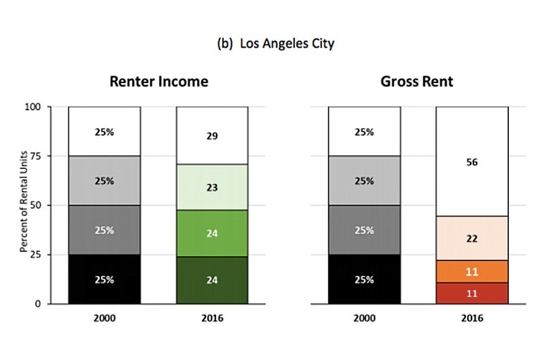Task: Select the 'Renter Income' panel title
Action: [159, 82]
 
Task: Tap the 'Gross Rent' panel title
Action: [417, 82]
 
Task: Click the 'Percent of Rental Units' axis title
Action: [24, 206]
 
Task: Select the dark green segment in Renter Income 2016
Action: [212, 280]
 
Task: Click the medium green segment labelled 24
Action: [212, 233]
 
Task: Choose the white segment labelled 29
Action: [212, 136]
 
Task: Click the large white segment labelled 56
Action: [471, 162]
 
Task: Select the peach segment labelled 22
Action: [471, 238]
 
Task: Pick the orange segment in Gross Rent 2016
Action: [471, 271]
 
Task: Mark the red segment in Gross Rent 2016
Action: [471, 293]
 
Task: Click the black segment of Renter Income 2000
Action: [104, 280]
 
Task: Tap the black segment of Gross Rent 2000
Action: [364, 280]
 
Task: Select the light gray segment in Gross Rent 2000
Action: [364, 181]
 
